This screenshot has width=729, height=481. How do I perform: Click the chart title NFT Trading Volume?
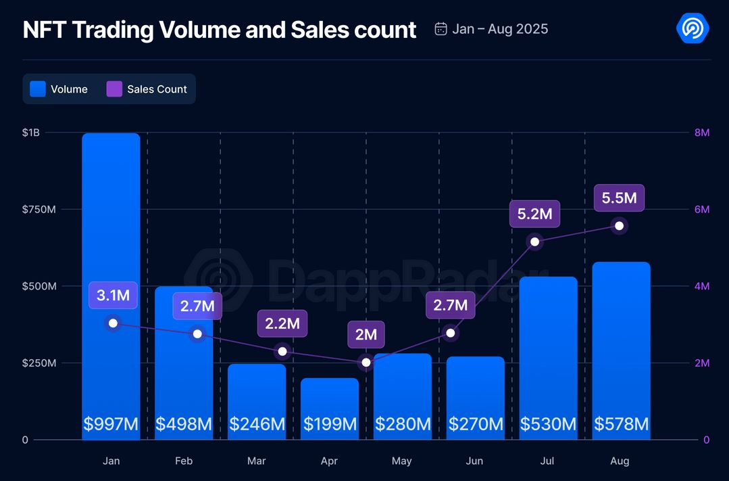click(220, 30)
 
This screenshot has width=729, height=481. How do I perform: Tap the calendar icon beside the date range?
click(441, 29)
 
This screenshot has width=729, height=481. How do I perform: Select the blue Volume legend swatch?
click(38, 89)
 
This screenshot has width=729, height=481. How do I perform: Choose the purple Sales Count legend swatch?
click(114, 89)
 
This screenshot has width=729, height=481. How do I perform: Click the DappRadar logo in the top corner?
click(693, 28)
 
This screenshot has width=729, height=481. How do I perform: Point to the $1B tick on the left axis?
click(30, 133)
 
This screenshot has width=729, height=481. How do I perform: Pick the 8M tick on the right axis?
click(702, 133)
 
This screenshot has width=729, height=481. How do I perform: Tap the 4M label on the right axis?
click(702, 286)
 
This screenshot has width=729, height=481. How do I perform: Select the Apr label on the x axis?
click(329, 461)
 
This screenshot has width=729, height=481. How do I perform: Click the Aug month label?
click(620, 461)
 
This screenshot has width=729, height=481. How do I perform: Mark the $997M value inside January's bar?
click(111, 424)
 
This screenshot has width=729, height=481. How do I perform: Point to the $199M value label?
click(330, 424)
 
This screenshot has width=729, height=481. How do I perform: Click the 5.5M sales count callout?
click(619, 198)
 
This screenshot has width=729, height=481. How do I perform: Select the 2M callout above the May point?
click(366, 334)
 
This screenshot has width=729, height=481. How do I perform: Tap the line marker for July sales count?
click(535, 242)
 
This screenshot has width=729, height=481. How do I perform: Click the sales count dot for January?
click(113, 323)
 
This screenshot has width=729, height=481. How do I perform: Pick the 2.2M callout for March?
click(282, 323)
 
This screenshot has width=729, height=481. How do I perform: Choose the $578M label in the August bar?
click(621, 424)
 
